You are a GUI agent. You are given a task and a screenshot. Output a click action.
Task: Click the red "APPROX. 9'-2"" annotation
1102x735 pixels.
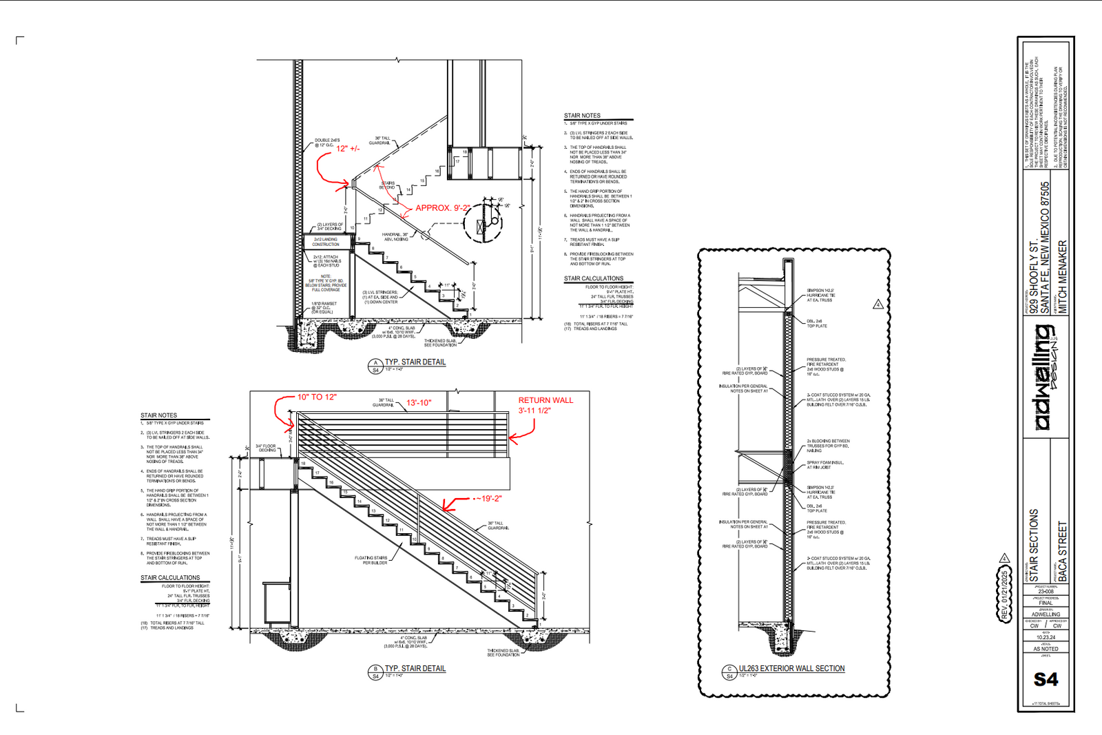click(x=443, y=207)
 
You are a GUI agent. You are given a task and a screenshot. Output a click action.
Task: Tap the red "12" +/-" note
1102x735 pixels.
click(x=348, y=148)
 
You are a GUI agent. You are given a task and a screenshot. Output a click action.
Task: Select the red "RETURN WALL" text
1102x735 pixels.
click(x=545, y=400)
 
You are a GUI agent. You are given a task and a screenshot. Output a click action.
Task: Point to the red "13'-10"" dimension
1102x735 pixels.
click(x=419, y=403)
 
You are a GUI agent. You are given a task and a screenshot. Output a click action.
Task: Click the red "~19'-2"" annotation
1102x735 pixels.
click(x=488, y=499)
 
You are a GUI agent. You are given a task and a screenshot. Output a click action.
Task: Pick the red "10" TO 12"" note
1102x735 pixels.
click(x=317, y=397)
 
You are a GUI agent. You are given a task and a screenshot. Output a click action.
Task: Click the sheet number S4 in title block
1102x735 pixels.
click(x=1046, y=680)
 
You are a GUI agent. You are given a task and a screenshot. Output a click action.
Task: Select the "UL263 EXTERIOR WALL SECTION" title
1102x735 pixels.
click(x=791, y=668)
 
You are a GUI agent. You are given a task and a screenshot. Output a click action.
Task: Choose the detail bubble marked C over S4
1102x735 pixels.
click(x=729, y=672)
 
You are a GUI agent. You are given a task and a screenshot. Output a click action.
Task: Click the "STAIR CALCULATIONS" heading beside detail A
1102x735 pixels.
click(x=593, y=279)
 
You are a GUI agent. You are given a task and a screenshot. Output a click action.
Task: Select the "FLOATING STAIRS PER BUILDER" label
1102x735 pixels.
click(x=371, y=560)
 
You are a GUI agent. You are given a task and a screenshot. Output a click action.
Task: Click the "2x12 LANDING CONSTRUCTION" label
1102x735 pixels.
click(x=325, y=242)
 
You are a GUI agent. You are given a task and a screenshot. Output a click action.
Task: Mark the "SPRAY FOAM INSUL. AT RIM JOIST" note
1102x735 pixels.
click(x=825, y=465)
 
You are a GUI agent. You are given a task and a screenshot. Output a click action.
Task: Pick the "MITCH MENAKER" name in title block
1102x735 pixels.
click(x=1062, y=276)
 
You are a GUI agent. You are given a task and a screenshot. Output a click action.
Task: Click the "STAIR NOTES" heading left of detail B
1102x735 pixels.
click(x=158, y=415)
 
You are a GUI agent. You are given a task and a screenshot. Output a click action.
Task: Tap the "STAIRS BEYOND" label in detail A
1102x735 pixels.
click(x=388, y=185)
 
